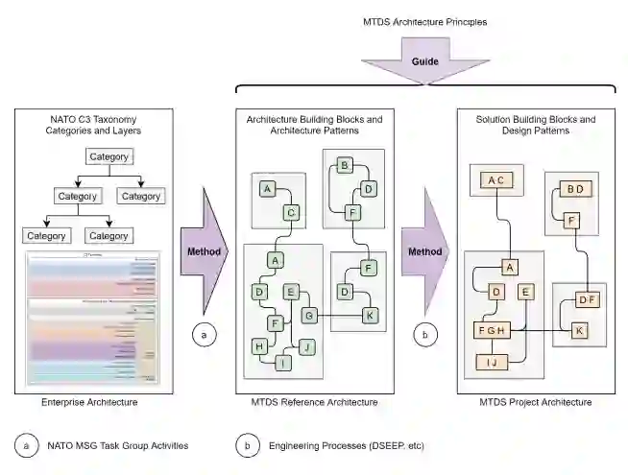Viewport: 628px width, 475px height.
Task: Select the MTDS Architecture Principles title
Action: pos(424,20)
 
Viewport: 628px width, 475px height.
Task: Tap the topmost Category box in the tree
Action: pos(109,156)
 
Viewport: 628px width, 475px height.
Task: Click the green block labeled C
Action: pos(291,211)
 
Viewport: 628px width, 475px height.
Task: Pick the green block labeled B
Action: pos(342,166)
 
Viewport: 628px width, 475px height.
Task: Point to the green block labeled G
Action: pos(309,314)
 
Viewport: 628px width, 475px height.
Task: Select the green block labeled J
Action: pos(307,345)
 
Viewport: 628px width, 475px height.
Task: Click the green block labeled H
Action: pos(259,345)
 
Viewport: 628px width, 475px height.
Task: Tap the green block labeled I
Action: pos(283,363)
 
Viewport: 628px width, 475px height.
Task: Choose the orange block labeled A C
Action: pos(495,179)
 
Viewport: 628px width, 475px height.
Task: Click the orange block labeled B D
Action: pos(574,189)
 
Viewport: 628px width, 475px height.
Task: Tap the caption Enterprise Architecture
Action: pos(94,401)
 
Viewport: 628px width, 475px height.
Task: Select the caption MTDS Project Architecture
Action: pos(536,401)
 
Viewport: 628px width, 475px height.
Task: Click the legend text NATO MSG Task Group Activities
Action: pos(118,445)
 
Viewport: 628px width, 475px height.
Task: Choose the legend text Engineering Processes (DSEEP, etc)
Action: pos(346,445)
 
